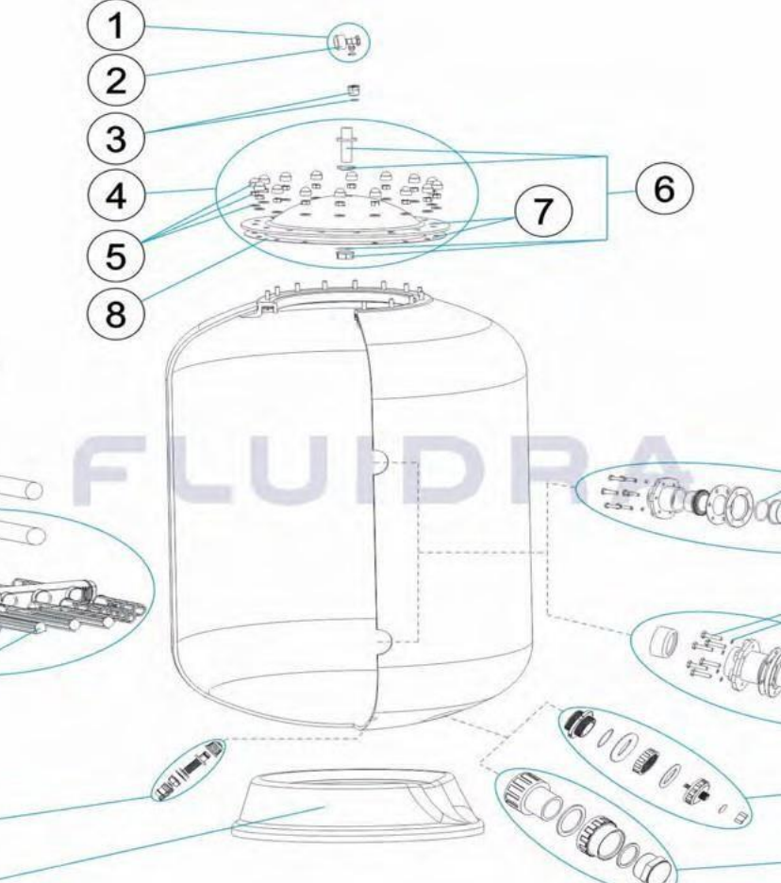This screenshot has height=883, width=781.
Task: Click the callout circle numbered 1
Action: (x=116, y=25)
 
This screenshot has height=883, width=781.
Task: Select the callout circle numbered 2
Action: (x=116, y=80)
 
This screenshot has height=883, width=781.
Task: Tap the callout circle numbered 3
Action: (x=116, y=138)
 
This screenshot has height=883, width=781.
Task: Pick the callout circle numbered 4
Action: (x=116, y=196)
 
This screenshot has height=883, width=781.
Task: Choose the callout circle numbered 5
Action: (x=116, y=257)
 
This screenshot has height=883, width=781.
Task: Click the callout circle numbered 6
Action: (x=664, y=190)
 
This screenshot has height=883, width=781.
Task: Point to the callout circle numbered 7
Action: (x=542, y=211)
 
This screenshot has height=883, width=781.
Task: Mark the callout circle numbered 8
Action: (x=116, y=312)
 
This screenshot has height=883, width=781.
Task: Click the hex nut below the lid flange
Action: (x=342, y=255)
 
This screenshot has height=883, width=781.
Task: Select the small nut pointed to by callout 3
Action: (x=353, y=91)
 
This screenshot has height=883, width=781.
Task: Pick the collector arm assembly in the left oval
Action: (x=68, y=608)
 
